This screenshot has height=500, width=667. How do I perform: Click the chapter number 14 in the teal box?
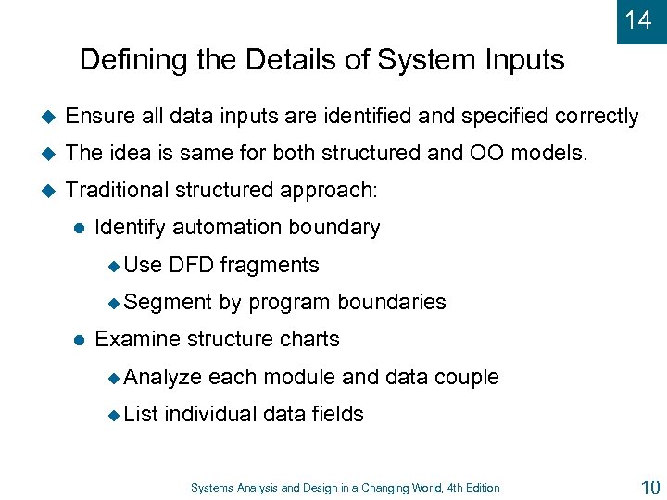638,19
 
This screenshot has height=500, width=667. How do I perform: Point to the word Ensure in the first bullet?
98,117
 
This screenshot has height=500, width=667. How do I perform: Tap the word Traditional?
119,191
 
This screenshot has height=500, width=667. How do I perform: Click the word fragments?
270,266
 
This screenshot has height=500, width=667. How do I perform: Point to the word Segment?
168,303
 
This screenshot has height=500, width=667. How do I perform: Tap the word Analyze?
162,377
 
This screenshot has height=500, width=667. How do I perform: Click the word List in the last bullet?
142,414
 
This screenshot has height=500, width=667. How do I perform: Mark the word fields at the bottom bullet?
337,414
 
